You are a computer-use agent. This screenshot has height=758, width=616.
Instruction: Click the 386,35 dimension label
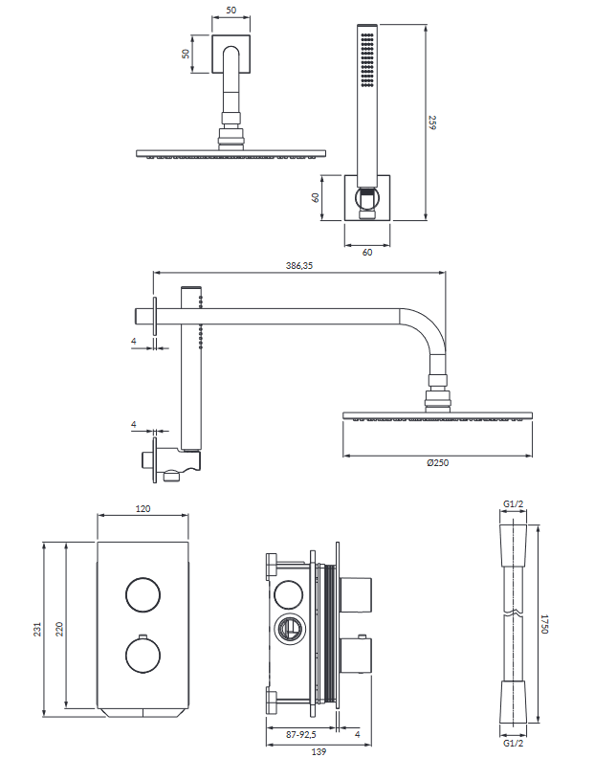[299, 266]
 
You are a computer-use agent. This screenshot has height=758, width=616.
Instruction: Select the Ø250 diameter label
[438, 462]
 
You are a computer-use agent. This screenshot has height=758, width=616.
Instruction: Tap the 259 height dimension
[432, 123]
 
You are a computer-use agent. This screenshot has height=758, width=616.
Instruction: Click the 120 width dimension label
[143, 509]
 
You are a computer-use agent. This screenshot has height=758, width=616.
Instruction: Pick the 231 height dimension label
[37, 629]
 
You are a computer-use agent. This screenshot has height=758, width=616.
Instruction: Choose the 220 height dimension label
[58, 629]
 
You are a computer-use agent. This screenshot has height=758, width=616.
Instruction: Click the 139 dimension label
[319, 751]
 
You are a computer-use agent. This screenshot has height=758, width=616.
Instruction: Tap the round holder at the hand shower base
[366, 198]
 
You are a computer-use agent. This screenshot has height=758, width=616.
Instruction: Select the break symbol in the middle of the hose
[515, 612]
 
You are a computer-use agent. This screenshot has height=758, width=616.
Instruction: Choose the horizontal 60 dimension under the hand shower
[366, 252]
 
